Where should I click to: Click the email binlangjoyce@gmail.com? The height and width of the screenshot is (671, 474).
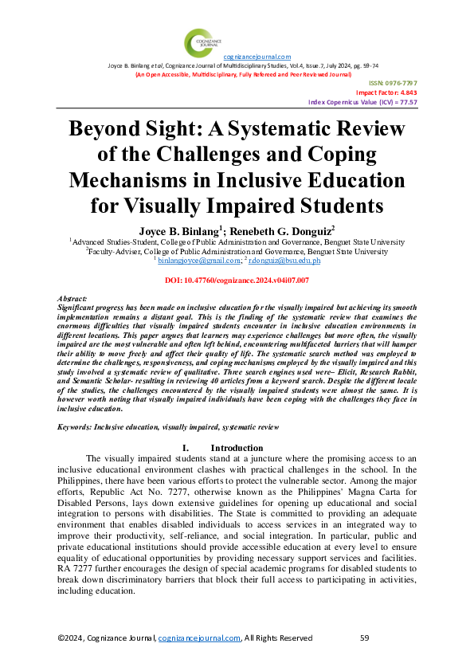pyautogui.click(x=198, y=260)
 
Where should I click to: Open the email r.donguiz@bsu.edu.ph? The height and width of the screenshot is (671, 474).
pyautogui.click(x=284, y=260)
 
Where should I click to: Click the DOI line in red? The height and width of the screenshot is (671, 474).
pyautogui.click(x=237, y=281)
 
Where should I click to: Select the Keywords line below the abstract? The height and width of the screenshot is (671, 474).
pyautogui.click(x=169, y=427)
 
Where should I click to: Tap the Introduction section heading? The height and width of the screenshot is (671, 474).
pyautogui.click(x=237, y=448)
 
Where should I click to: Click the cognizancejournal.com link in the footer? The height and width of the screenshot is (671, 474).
pyautogui.click(x=199, y=638)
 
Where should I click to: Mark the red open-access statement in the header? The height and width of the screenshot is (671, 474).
pyautogui.click(x=243, y=73)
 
